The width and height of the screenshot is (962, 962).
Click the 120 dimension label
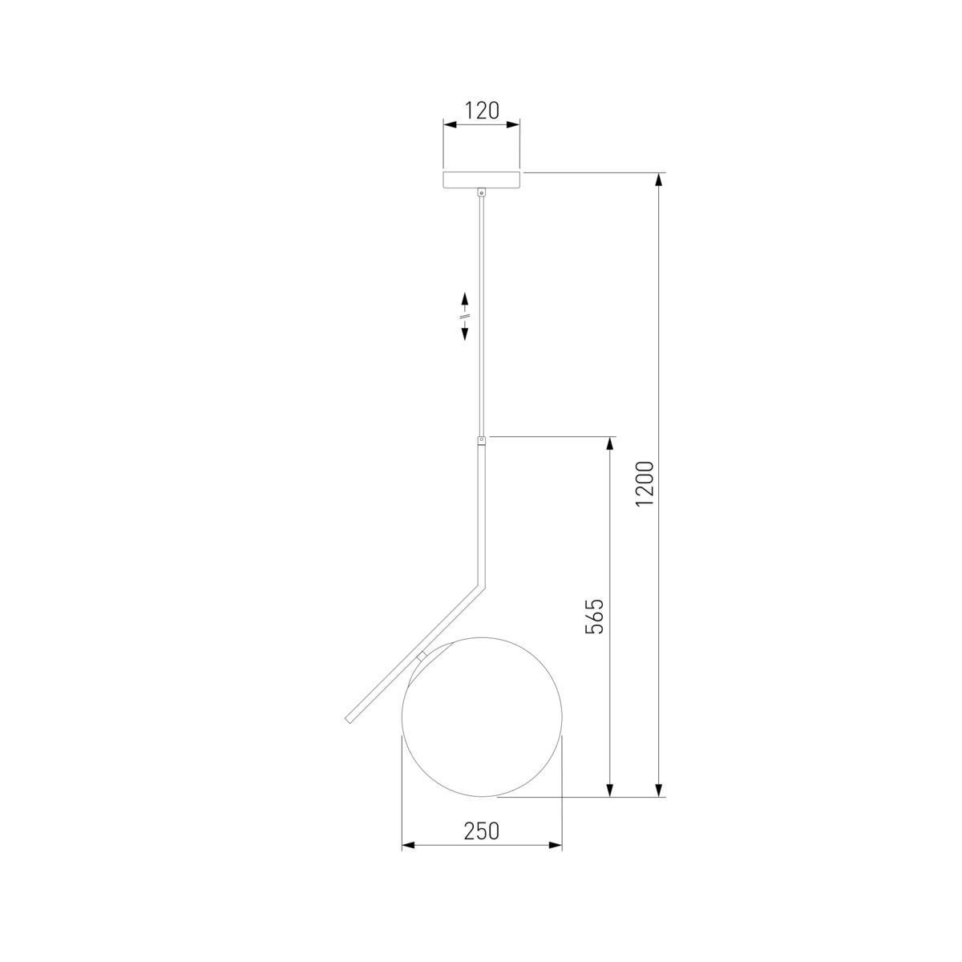pyautogui.click(x=482, y=111)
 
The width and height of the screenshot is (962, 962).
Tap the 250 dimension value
pyautogui.click(x=482, y=831)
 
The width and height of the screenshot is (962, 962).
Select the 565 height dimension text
pyautogui.click(x=594, y=616)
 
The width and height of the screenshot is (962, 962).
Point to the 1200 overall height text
pyautogui.click(x=645, y=483)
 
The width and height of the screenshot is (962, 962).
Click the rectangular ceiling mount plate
pyautogui.click(x=482, y=180)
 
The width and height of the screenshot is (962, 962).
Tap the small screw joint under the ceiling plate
pyautogui.click(x=482, y=192)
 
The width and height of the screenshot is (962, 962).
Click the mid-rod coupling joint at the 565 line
pyautogui.click(x=482, y=440)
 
